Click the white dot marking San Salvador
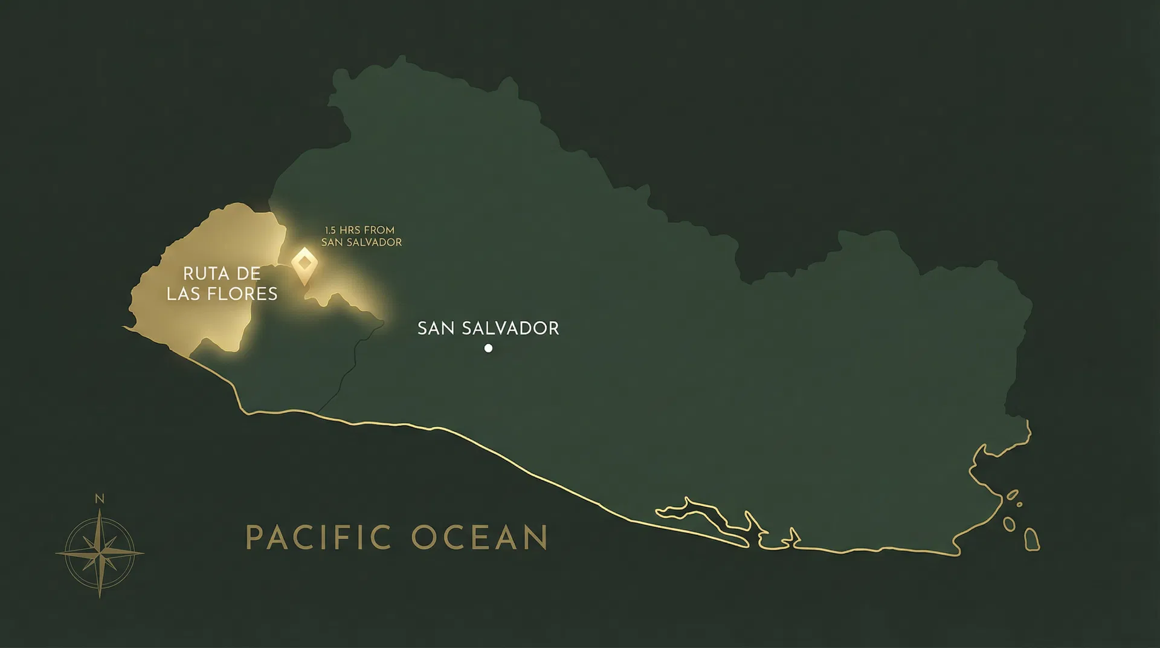click(x=488, y=348)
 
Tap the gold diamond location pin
click(x=304, y=264)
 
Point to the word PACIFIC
click(x=319, y=537)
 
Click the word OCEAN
click(x=480, y=537)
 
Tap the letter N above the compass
click(x=100, y=499)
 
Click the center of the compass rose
click(x=100, y=552)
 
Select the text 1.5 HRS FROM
click(x=359, y=230)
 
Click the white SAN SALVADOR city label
click(x=488, y=328)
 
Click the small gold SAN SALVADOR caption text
click(x=361, y=242)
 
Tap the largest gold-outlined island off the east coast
click(x=1032, y=539)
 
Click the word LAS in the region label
click(x=182, y=294)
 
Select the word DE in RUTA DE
click(x=248, y=273)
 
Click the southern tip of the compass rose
click(x=100, y=596)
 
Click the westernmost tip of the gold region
click(x=124, y=327)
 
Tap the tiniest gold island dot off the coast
click(x=1019, y=504)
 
